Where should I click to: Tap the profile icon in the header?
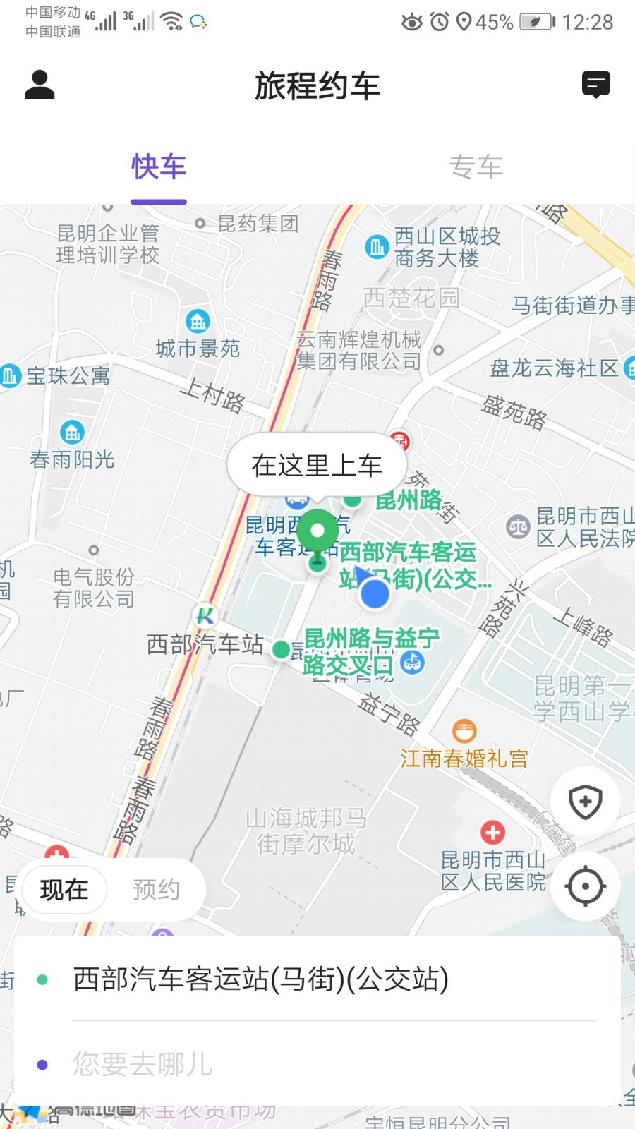coord(40,85)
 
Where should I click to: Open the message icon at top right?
coord(595,85)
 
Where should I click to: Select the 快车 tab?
coord(159,168)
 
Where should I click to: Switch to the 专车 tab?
coord(476,168)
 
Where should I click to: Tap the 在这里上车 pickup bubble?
coord(317,466)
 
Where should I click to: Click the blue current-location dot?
coord(375,594)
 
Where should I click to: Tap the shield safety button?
coord(585,802)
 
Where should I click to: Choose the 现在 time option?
coord(64,890)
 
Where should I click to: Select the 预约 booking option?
coord(156,890)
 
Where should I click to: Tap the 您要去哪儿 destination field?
coord(317,1064)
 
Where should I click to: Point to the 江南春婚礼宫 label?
coord(464,759)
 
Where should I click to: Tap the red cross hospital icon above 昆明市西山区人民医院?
coord(492,833)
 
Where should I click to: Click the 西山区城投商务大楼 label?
coord(446,247)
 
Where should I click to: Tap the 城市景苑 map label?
coord(198,348)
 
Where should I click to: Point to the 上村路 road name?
coord(212,394)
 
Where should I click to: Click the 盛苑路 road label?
coord(514,412)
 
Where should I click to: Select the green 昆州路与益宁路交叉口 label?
coord(370,651)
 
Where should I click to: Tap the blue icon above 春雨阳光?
coord(72,431)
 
